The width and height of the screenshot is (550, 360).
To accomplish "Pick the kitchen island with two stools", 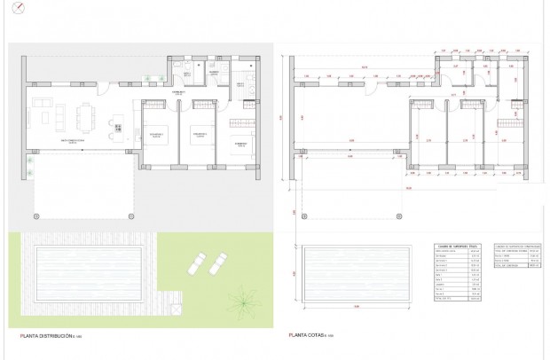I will tap(116, 123).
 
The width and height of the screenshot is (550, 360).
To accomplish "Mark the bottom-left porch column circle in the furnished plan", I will tap(35, 215).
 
